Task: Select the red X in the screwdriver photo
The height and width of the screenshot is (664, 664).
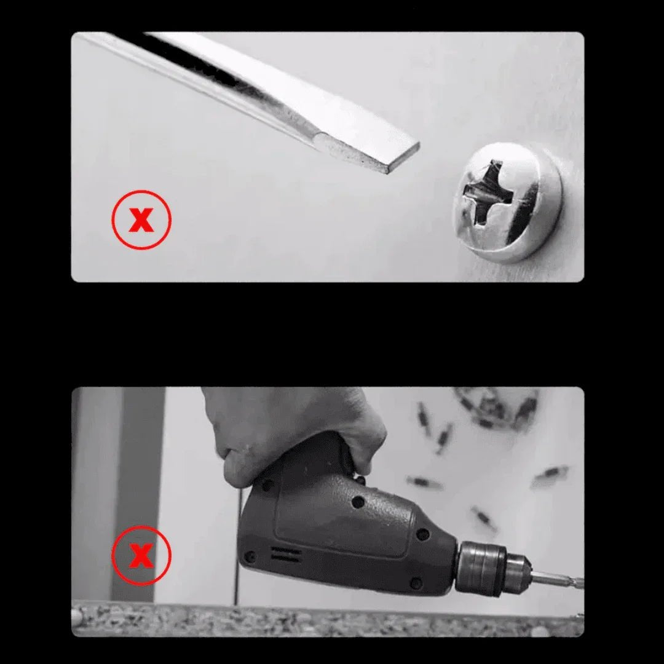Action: pyautogui.click(x=141, y=219)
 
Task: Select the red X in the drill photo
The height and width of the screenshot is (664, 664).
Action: pyautogui.click(x=141, y=556)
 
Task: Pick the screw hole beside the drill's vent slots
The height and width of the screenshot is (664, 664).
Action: pyautogui.click(x=250, y=556)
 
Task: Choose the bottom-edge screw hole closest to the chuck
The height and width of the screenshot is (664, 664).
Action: pyautogui.click(x=416, y=581)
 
